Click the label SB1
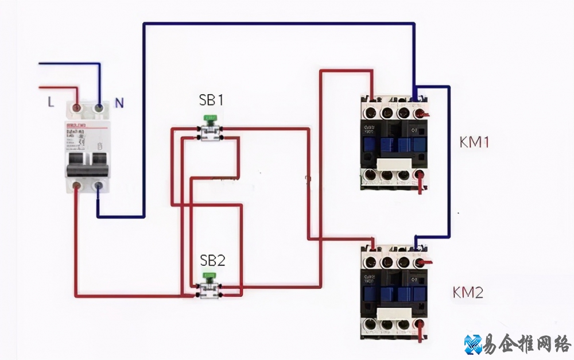(211, 100)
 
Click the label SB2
(212, 260)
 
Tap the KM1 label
(474, 142)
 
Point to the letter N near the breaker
(119, 103)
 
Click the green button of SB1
(211, 119)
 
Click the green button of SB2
(210, 277)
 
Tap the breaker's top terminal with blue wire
(99, 107)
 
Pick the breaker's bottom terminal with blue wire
(98, 185)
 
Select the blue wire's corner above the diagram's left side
(144, 24)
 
